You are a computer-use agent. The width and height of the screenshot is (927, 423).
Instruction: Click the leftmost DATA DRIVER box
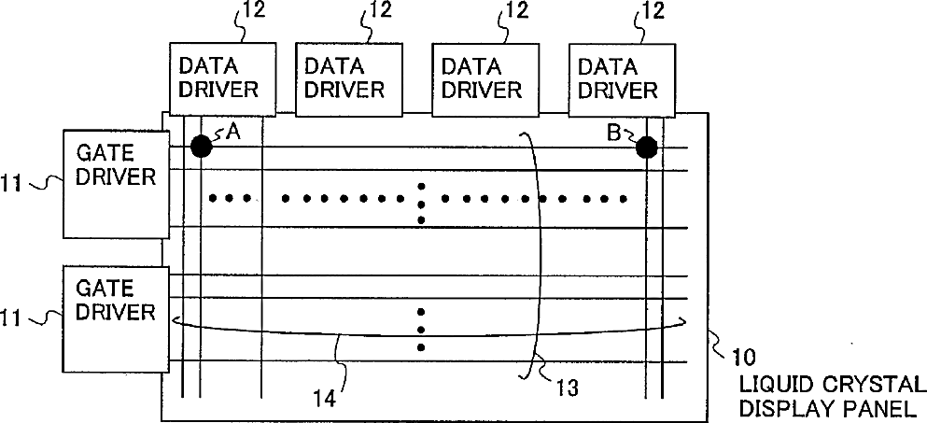click(x=222, y=78)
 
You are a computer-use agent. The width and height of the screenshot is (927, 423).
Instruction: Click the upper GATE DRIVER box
click(x=116, y=184)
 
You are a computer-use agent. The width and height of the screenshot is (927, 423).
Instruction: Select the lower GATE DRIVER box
click(x=116, y=317)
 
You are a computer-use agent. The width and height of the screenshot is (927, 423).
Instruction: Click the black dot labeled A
click(x=201, y=146)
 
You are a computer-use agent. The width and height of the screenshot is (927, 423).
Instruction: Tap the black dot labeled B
click(x=644, y=147)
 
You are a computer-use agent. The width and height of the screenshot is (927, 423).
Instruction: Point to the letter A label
click(x=232, y=133)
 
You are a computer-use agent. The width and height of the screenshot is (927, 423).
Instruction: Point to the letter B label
click(x=613, y=133)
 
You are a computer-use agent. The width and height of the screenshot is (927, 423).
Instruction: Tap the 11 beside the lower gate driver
click(x=12, y=318)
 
